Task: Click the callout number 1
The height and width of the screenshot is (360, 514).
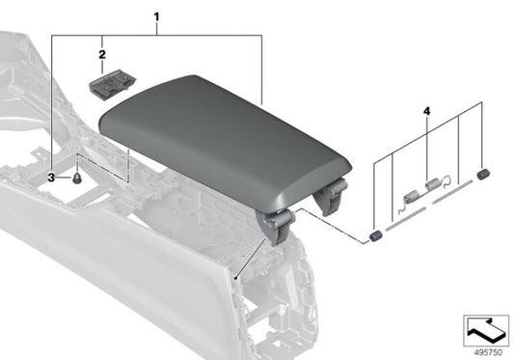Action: [157, 16]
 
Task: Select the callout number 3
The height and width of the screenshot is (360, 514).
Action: [53, 178]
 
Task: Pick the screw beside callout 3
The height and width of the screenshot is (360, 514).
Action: [76, 179]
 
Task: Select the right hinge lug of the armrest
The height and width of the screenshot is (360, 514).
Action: [331, 197]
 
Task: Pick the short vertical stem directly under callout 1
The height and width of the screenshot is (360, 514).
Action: [157, 29]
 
